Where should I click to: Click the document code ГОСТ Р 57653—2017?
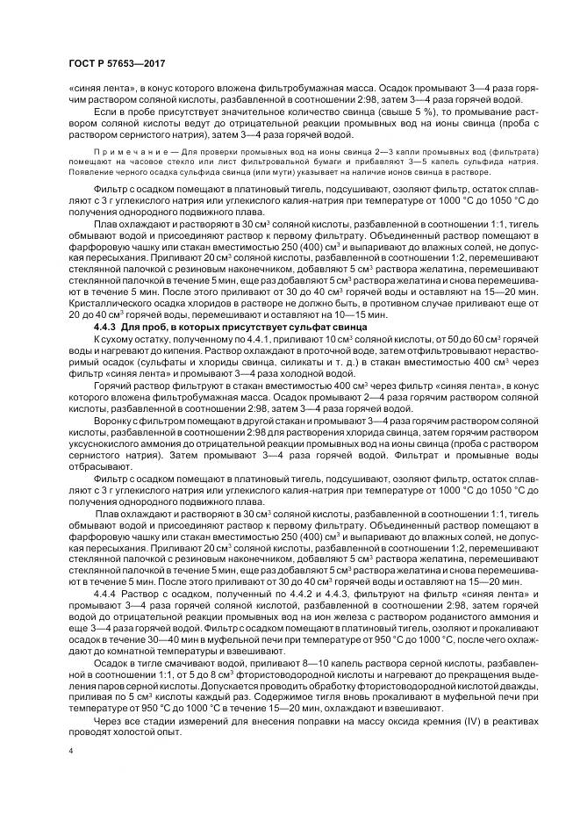click(117, 64)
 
